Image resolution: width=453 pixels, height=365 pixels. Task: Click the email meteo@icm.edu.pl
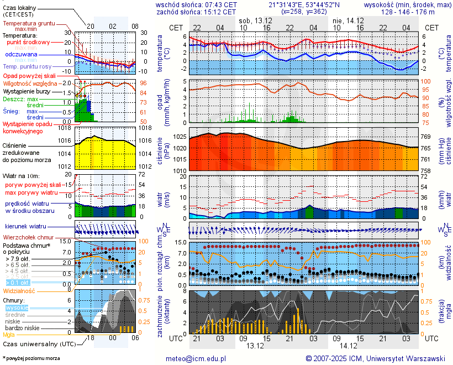(x=196, y=358)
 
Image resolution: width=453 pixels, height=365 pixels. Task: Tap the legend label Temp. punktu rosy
(x=27, y=66)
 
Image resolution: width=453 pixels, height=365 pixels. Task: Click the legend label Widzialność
(x=19, y=290)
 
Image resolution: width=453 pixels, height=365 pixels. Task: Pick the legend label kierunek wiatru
(x=25, y=227)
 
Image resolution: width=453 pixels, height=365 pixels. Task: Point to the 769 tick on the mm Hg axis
(x=426, y=137)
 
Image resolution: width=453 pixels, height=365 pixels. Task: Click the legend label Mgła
(x=9, y=335)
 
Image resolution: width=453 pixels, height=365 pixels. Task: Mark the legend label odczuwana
(x=21, y=55)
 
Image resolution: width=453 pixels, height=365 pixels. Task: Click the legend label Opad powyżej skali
(x=29, y=76)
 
